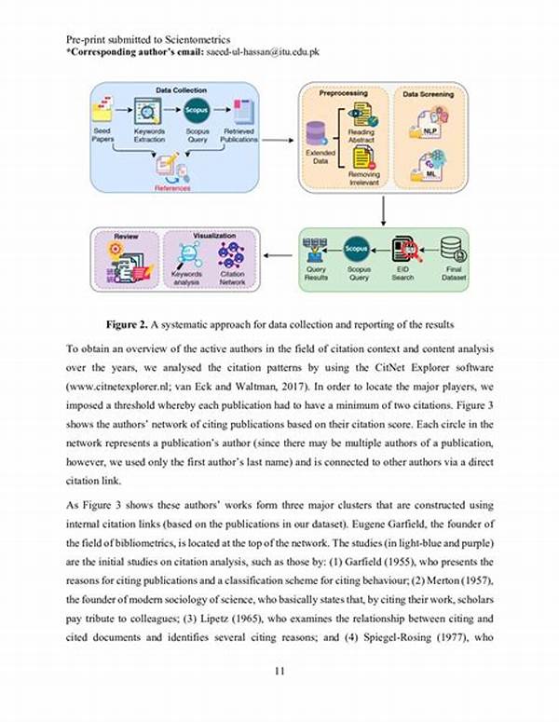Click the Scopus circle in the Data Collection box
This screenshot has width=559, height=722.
point(196,111)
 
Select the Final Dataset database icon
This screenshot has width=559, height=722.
point(454,249)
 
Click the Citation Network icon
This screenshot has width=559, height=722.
point(231,255)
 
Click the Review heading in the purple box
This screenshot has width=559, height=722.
point(125,236)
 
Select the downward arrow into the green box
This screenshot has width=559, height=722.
point(384,210)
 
